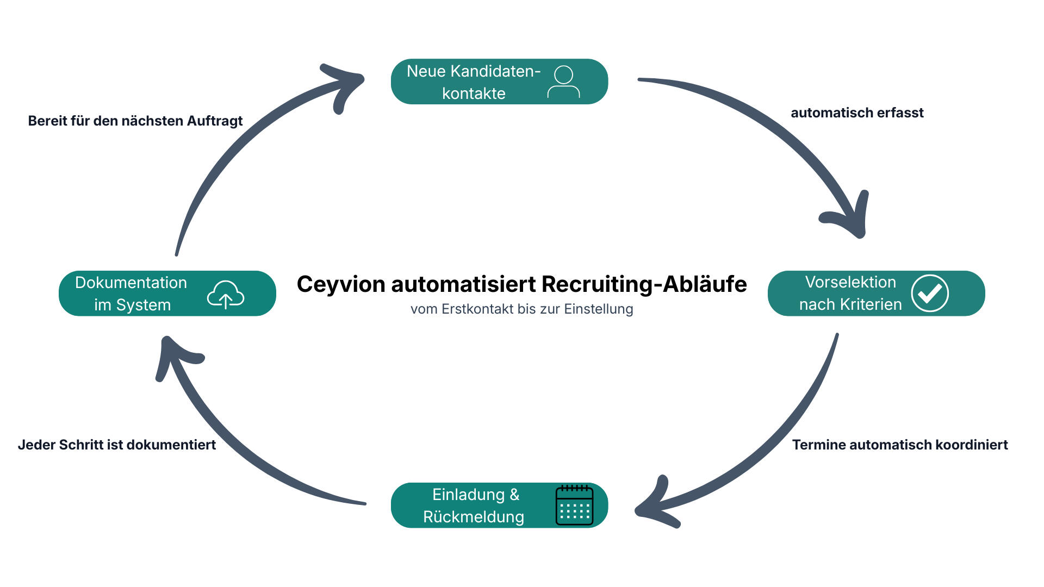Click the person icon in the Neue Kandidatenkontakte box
[564, 82]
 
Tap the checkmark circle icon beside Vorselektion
[930, 293]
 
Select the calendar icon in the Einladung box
[574, 505]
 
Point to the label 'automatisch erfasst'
[857, 113]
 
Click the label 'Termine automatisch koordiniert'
[900, 445]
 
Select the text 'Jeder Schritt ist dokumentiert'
[117, 445]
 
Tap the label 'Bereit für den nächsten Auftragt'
[135, 121]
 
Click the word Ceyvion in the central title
[341, 284]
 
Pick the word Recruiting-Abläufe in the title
[644, 284]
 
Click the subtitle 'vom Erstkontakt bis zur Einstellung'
[522, 309]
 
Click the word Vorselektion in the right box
[850, 282]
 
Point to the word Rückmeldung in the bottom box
[474, 517]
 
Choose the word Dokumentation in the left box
[131, 283]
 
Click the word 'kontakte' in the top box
[474, 93]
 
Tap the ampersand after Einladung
[514, 495]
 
